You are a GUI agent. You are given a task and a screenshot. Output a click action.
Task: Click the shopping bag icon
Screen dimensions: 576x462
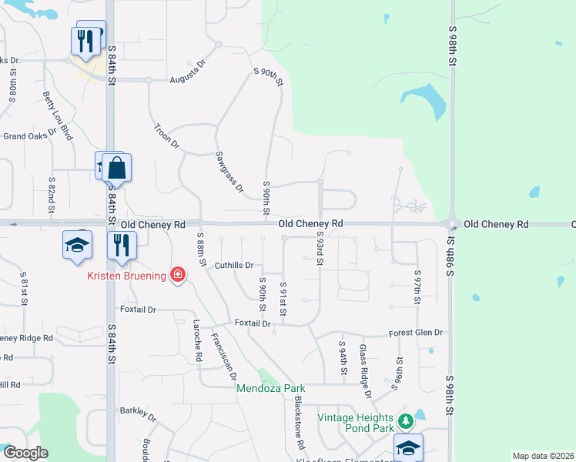[x=116, y=167]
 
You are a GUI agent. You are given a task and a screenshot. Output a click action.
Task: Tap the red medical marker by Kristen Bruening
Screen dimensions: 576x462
[x=178, y=275]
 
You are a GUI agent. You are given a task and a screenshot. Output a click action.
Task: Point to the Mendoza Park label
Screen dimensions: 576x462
[x=270, y=388]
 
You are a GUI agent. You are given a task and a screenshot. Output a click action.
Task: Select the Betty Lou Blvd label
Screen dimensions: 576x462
[x=58, y=115]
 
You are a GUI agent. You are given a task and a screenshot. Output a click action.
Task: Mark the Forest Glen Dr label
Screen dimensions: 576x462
[x=417, y=333]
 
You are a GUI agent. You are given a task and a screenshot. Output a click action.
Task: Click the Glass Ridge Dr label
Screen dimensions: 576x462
[x=366, y=371]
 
